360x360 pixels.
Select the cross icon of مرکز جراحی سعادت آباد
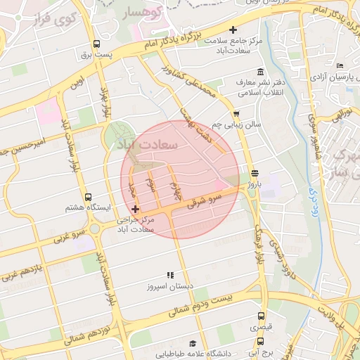(x=135, y=209)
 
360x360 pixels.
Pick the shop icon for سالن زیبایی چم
(x=236, y=113)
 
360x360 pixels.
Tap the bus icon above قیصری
(x=261, y=316)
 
